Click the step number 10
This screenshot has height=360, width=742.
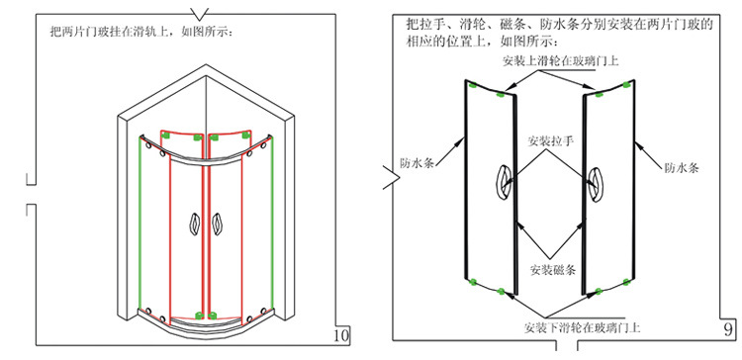tap(341, 335)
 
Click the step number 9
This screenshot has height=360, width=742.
tap(728, 329)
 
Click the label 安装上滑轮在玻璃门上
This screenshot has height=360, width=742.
tap(560, 61)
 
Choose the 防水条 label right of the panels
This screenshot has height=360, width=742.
tap(682, 167)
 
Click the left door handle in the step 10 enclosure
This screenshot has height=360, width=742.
tap(195, 224)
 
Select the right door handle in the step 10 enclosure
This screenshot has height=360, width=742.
tap(217, 224)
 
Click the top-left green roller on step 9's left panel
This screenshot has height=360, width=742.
tap(473, 86)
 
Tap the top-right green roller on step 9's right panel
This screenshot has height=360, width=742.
tap(627, 85)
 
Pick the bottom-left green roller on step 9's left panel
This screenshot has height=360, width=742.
tap(472, 282)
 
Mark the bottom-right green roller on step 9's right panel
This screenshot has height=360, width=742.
tap(627, 283)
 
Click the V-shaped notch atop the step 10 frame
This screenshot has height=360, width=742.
tap(200, 14)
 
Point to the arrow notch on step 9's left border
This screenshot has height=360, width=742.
tap(393, 177)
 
